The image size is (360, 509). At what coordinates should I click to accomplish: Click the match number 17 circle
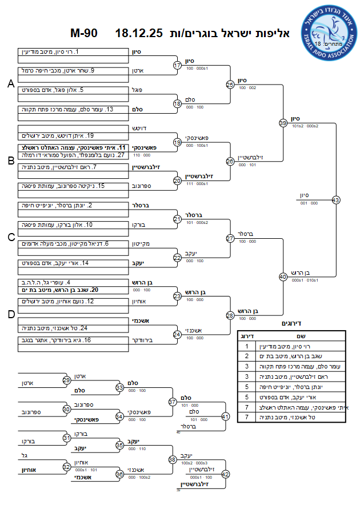(177, 65)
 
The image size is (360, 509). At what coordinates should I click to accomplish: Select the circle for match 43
(335, 200)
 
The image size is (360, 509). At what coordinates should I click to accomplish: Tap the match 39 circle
(283, 123)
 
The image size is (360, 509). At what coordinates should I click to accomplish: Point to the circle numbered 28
(230, 315)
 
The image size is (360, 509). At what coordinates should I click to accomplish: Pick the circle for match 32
(67, 467)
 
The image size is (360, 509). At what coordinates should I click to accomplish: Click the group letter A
(10, 84)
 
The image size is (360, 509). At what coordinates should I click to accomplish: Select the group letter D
(10, 315)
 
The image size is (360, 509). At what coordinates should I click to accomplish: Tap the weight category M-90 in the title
(83, 33)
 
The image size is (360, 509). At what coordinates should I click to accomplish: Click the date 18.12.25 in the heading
(139, 33)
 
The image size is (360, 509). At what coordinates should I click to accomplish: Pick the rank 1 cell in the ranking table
(246, 346)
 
